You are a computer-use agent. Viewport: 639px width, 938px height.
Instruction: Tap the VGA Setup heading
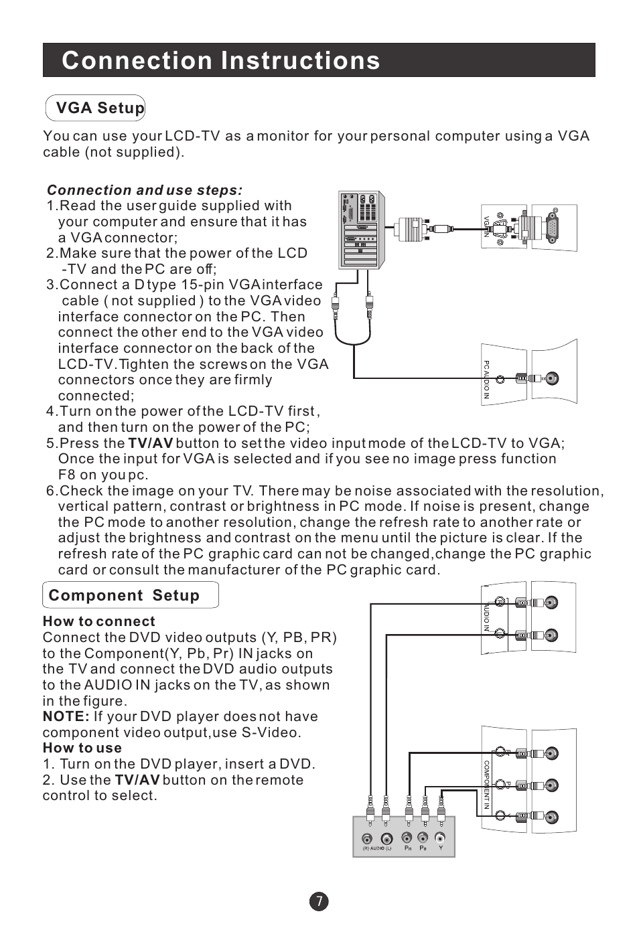tap(100, 108)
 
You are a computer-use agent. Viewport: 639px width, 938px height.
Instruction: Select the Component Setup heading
tap(124, 596)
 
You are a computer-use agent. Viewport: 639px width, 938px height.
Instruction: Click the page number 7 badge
tap(319, 901)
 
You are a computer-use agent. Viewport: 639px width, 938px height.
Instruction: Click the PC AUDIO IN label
tap(486, 380)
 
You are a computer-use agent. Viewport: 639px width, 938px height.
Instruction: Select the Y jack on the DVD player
tap(440, 838)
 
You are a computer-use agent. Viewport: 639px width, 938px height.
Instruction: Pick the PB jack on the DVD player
tap(423, 838)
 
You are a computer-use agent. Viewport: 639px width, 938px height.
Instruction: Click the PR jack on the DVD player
tap(407, 838)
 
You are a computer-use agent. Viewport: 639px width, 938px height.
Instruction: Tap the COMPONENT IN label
tap(487, 784)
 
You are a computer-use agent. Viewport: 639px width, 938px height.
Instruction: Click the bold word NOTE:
tap(66, 716)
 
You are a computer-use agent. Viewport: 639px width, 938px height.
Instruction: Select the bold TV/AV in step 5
tap(150, 443)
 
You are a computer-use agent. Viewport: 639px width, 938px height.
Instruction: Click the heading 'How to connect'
tap(98, 621)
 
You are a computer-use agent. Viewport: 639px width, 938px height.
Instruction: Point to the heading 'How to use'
tap(82, 748)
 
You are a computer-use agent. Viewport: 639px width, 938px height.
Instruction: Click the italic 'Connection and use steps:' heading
tap(145, 190)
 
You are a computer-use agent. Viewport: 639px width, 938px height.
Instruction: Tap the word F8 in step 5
tap(67, 475)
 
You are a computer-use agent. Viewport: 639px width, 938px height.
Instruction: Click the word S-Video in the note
tap(271, 732)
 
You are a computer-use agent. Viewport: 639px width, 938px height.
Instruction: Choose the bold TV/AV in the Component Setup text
tap(137, 780)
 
